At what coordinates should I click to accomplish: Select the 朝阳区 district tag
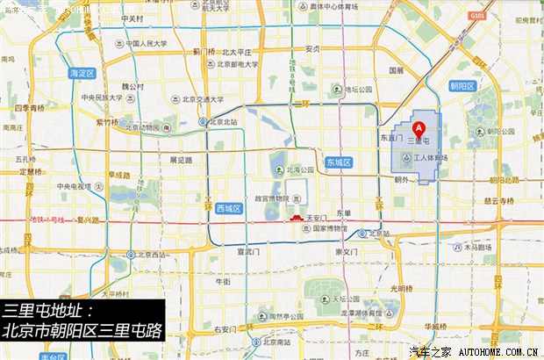point(462,86)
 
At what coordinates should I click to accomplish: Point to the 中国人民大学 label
point(146,42)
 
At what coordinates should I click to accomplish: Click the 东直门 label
point(390,138)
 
